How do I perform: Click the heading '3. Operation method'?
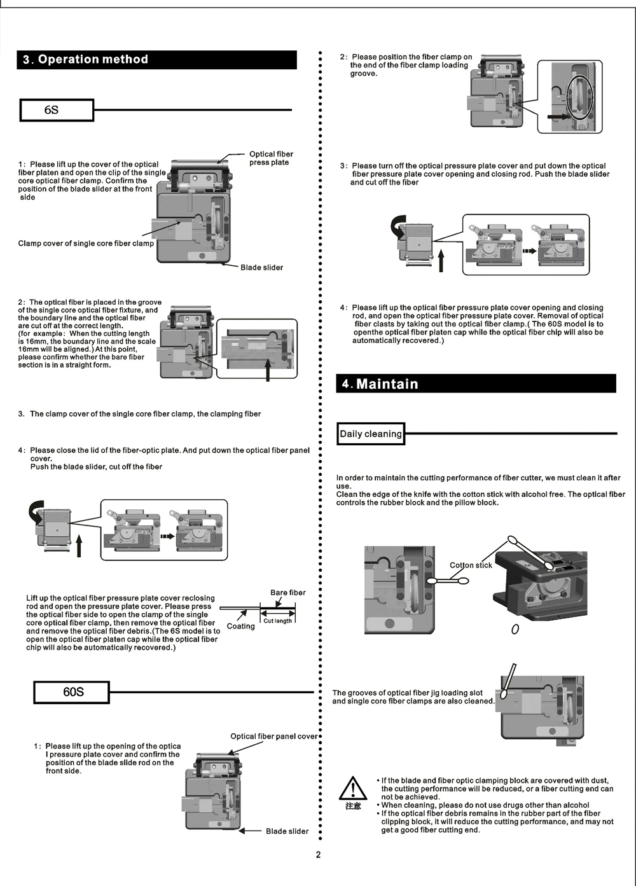[x=85, y=60]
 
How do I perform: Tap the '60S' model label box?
[x=71, y=692]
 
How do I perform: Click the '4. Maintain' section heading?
[x=380, y=384]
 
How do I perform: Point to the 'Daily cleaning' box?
[x=371, y=434]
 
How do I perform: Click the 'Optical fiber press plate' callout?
[x=271, y=158]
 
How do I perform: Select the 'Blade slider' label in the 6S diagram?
[x=261, y=268]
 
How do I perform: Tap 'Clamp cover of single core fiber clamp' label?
[x=86, y=244]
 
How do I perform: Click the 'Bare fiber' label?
[x=287, y=593]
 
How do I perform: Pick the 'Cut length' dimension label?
[x=278, y=621]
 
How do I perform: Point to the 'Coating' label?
[x=240, y=626]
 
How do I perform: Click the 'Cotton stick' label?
[x=471, y=565]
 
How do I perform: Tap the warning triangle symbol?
[x=352, y=789]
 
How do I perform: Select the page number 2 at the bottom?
[x=319, y=855]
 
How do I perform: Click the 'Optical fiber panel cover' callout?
[x=273, y=737]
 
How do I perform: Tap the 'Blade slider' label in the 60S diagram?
[x=287, y=831]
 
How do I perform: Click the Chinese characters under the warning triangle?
[x=353, y=806]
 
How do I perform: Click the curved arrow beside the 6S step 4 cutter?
[x=36, y=511]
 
